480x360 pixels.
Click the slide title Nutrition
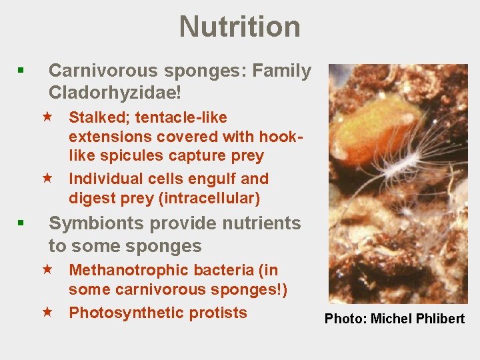point(239,27)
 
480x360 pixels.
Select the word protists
point(219,313)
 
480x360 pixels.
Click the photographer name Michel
point(390,319)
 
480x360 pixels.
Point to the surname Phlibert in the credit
point(439,319)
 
